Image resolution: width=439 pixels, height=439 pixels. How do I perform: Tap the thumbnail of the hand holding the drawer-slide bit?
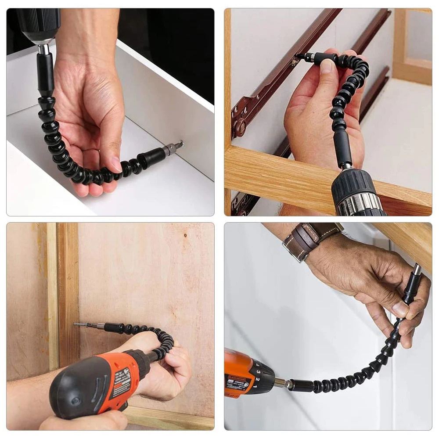pyautogui.click(x=327, y=65)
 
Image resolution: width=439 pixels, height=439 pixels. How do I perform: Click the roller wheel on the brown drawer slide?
pyautogui.click(x=240, y=128)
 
